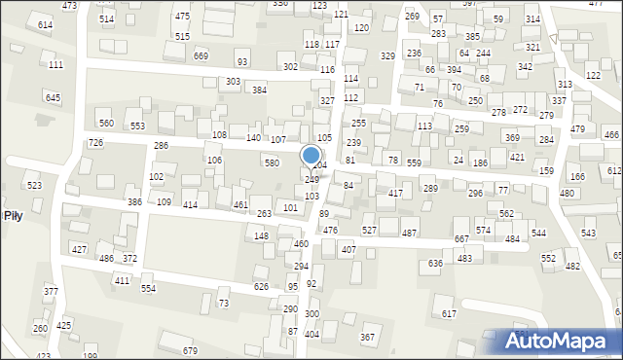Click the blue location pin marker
coord(311,156)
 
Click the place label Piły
coord(13,215)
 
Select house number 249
coord(311,180)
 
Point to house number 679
coord(191,351)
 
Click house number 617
coord(449,313)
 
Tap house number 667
coord(461,239)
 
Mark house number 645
coord(53,98)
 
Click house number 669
coord(201,56)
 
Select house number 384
coord(259,90)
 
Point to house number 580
coord(272,163)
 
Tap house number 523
coord(34,185)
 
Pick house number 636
coord(435,264)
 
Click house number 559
coord(415,163)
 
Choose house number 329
coord(387,56)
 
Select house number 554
coord(148,289)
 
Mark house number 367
coord(367,338)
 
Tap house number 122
coord(593,76)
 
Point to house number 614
coord(45,24)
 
